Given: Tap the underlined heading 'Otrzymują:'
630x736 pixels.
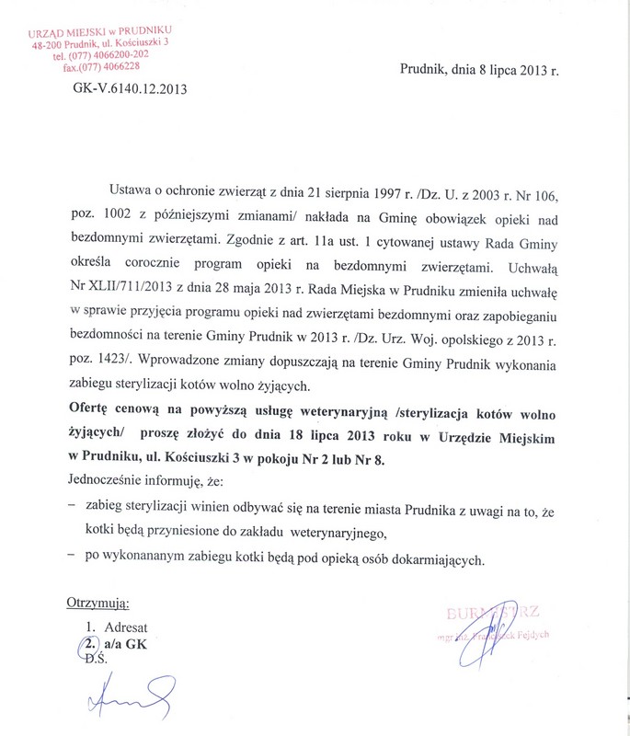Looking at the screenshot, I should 98,604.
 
